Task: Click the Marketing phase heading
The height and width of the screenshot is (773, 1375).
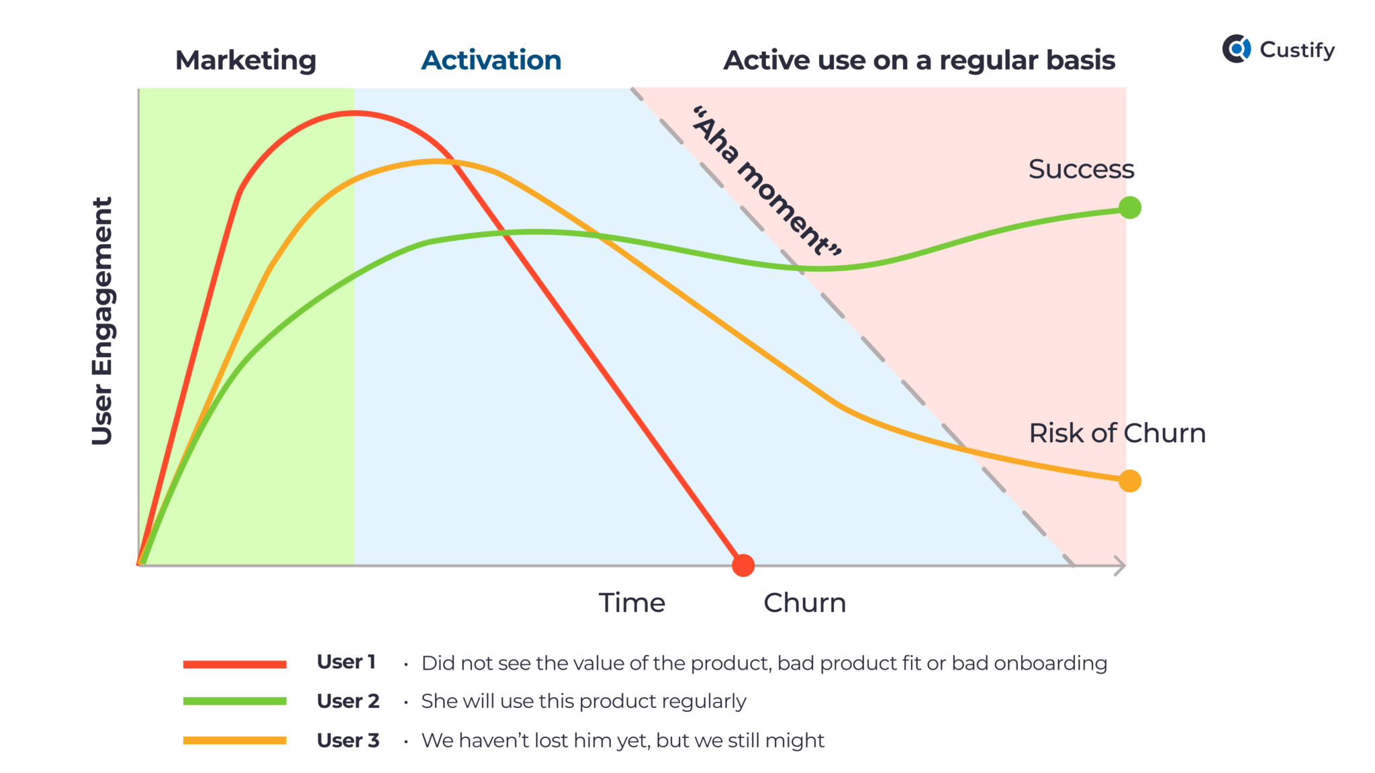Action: pos(246,60)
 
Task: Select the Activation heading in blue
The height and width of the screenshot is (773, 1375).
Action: pos(491,60)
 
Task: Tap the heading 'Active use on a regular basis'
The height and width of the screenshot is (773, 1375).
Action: pos(919,60)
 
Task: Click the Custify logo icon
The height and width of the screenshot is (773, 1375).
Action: pos(1236,49)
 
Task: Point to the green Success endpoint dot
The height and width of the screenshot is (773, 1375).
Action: pos(1130,208)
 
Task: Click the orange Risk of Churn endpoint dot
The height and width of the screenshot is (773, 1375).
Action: pos(1130,481)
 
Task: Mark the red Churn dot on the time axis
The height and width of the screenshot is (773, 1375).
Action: pos(743,566)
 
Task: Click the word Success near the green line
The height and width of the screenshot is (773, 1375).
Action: pos(1081,169)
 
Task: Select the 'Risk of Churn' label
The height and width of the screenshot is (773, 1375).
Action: pos(1117,433)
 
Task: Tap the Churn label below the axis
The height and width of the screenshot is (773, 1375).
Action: pos(804,603)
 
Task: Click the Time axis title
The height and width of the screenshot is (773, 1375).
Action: pos(632,603)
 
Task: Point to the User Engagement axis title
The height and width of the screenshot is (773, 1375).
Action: pos(102,321)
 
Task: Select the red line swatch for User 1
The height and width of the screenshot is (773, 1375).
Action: pos(235,664)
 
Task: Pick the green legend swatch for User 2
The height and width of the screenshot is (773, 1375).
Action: pos(235,701)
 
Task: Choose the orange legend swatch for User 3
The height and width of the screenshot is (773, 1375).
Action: pos(235,741)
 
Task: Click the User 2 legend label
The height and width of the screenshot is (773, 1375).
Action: pos(348,701)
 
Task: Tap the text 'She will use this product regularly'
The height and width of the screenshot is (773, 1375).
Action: pos(583,701)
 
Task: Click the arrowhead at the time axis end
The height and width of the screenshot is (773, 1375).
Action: pos(1120,566)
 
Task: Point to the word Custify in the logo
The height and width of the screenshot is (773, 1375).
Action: pos(1297,50)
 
